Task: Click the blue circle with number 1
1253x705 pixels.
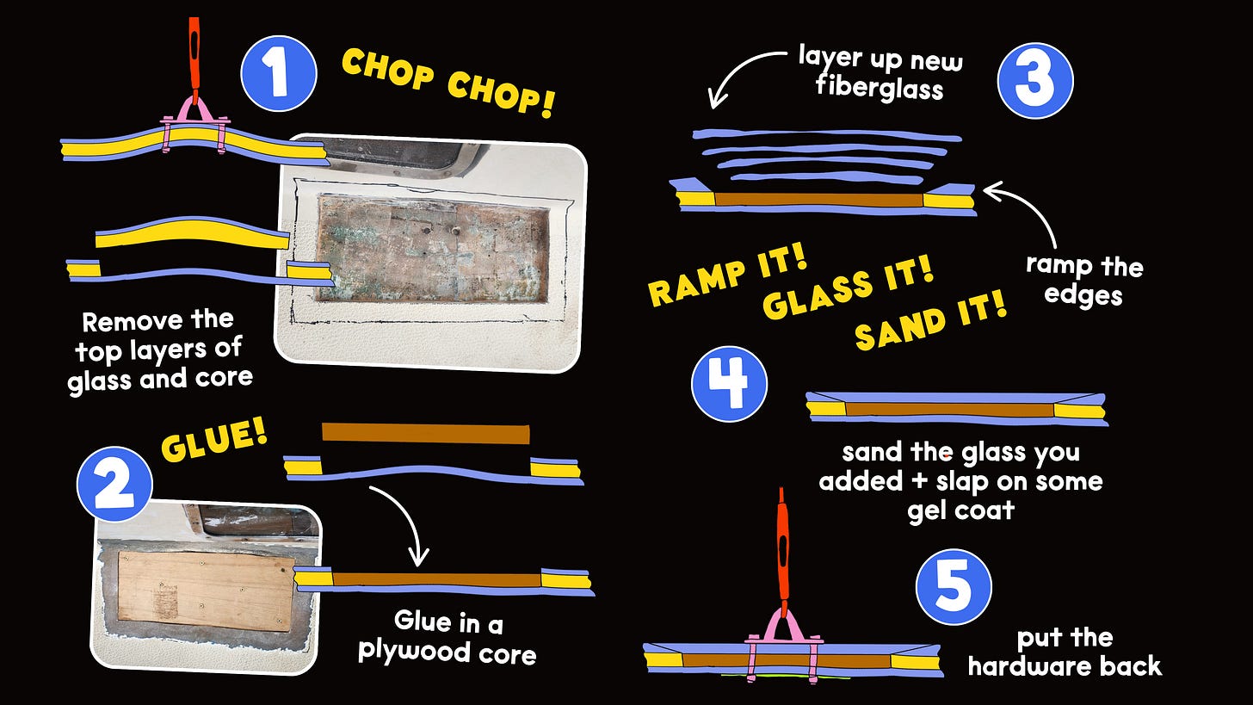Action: click(279, 73)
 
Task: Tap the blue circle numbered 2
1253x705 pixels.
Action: click(114, 484)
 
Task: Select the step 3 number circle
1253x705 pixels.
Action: click(1035, 81)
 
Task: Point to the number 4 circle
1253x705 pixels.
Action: click(730, 384)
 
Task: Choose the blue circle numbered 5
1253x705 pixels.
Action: click(954, 587)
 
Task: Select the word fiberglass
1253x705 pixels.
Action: click(880, 89)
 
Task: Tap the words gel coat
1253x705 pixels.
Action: click(961, 510)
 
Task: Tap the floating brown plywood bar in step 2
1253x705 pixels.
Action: click(426, 434)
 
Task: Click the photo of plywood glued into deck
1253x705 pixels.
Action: click(207, 587)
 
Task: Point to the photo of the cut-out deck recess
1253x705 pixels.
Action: click(429, 253)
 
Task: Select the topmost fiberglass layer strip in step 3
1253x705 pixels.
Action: click(827, 135)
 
